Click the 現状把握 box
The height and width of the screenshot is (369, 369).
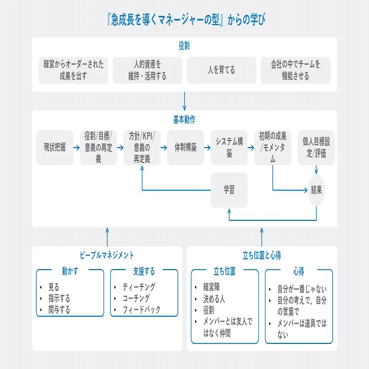pyautogui.click(x=55, y=148)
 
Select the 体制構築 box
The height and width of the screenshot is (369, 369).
pyautogui.click(x=186, y=148)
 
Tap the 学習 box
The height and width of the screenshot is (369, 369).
pyautogui.click(x=229, y=190)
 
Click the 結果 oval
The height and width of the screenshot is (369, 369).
pyautogui.click(x=316, y=190)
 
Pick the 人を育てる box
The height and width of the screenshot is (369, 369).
pyautogui.click(x=221, y=70)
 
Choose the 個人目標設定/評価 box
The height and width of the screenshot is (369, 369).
pyautogui.click(x=316, y=148)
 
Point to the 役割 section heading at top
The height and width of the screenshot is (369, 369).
pyautogui.click(x=184, y=46)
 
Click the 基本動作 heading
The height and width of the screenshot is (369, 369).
pyautogui.click(x=184, y=119)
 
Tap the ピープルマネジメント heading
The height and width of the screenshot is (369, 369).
pyautogui.click(x=107, y=255)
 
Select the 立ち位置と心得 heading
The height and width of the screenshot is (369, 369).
pyautogui.click(x=262, y=255)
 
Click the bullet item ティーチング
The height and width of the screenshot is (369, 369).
pyautogui.click(x=139, y=287)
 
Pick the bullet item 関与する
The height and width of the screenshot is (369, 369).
pyautogui.click(x=59, y=310)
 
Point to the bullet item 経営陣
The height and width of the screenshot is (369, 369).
pyautogui.click(x=211, y=287)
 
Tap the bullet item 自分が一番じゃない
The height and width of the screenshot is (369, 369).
pyautogui.click(x=302, y=289)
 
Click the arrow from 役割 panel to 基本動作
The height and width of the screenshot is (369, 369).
pyautogui.click(x=184, y=101)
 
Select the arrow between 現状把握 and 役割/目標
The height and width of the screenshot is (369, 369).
pyautogui.click(x=76, y=148)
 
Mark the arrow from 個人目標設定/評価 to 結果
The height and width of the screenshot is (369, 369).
pyautogui.click(x=316, y=170)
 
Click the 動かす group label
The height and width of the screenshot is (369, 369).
pyautogui.click(x=70, y=271)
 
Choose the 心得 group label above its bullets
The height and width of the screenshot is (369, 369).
pyautogui.click(x=299, y=271)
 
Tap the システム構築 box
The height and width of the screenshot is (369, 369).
pyautogui.click(x=229, y=148)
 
